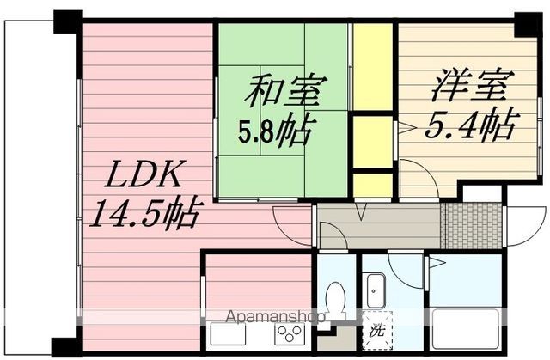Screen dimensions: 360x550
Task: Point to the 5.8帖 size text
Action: click(275, 131)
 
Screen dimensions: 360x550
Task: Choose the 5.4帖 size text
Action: click(468, 126)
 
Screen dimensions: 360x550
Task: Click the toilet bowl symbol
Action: click(336, 300)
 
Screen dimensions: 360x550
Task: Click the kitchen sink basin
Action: click(225, 333)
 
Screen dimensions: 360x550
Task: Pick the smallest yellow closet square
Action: click(373, 186)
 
